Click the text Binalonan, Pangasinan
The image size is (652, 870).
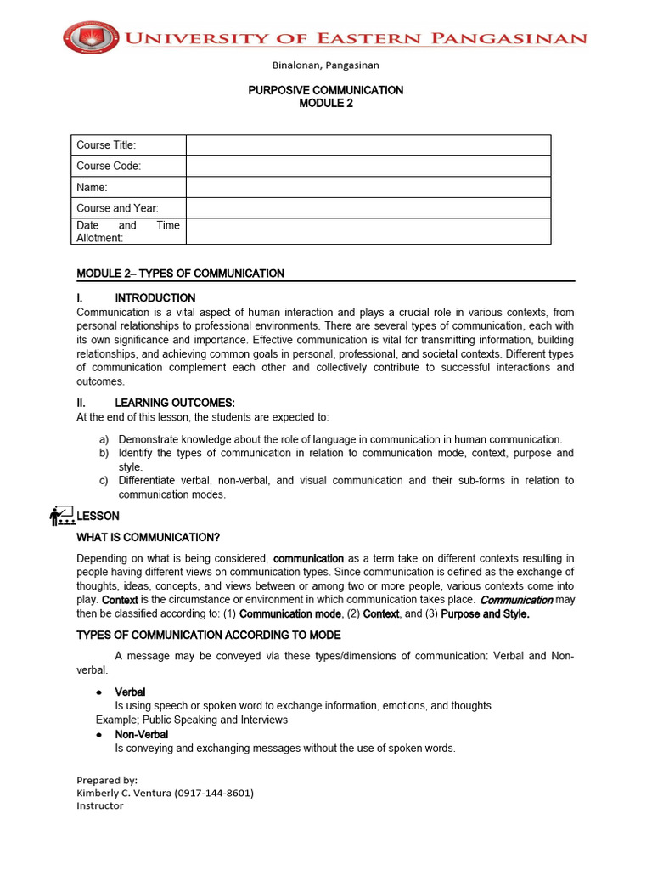[325, 65]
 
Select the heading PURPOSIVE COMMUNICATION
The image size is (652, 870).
[325, 90]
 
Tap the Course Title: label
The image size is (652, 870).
[106, 145]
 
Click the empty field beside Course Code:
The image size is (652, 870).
[368, 167]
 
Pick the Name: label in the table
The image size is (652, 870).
[92, 187]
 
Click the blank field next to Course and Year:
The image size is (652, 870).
[368, 208]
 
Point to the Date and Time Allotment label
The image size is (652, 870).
[127, 232]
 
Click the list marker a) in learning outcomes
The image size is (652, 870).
[104, 439]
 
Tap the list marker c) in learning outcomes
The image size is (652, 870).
[104, 481]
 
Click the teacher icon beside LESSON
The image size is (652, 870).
[62, 515]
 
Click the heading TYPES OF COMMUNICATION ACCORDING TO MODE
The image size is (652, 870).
[209, 635]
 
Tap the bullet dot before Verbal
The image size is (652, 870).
[99, 692]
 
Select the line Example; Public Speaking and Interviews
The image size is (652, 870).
[192, 720]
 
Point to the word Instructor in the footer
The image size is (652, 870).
[99, 805]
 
